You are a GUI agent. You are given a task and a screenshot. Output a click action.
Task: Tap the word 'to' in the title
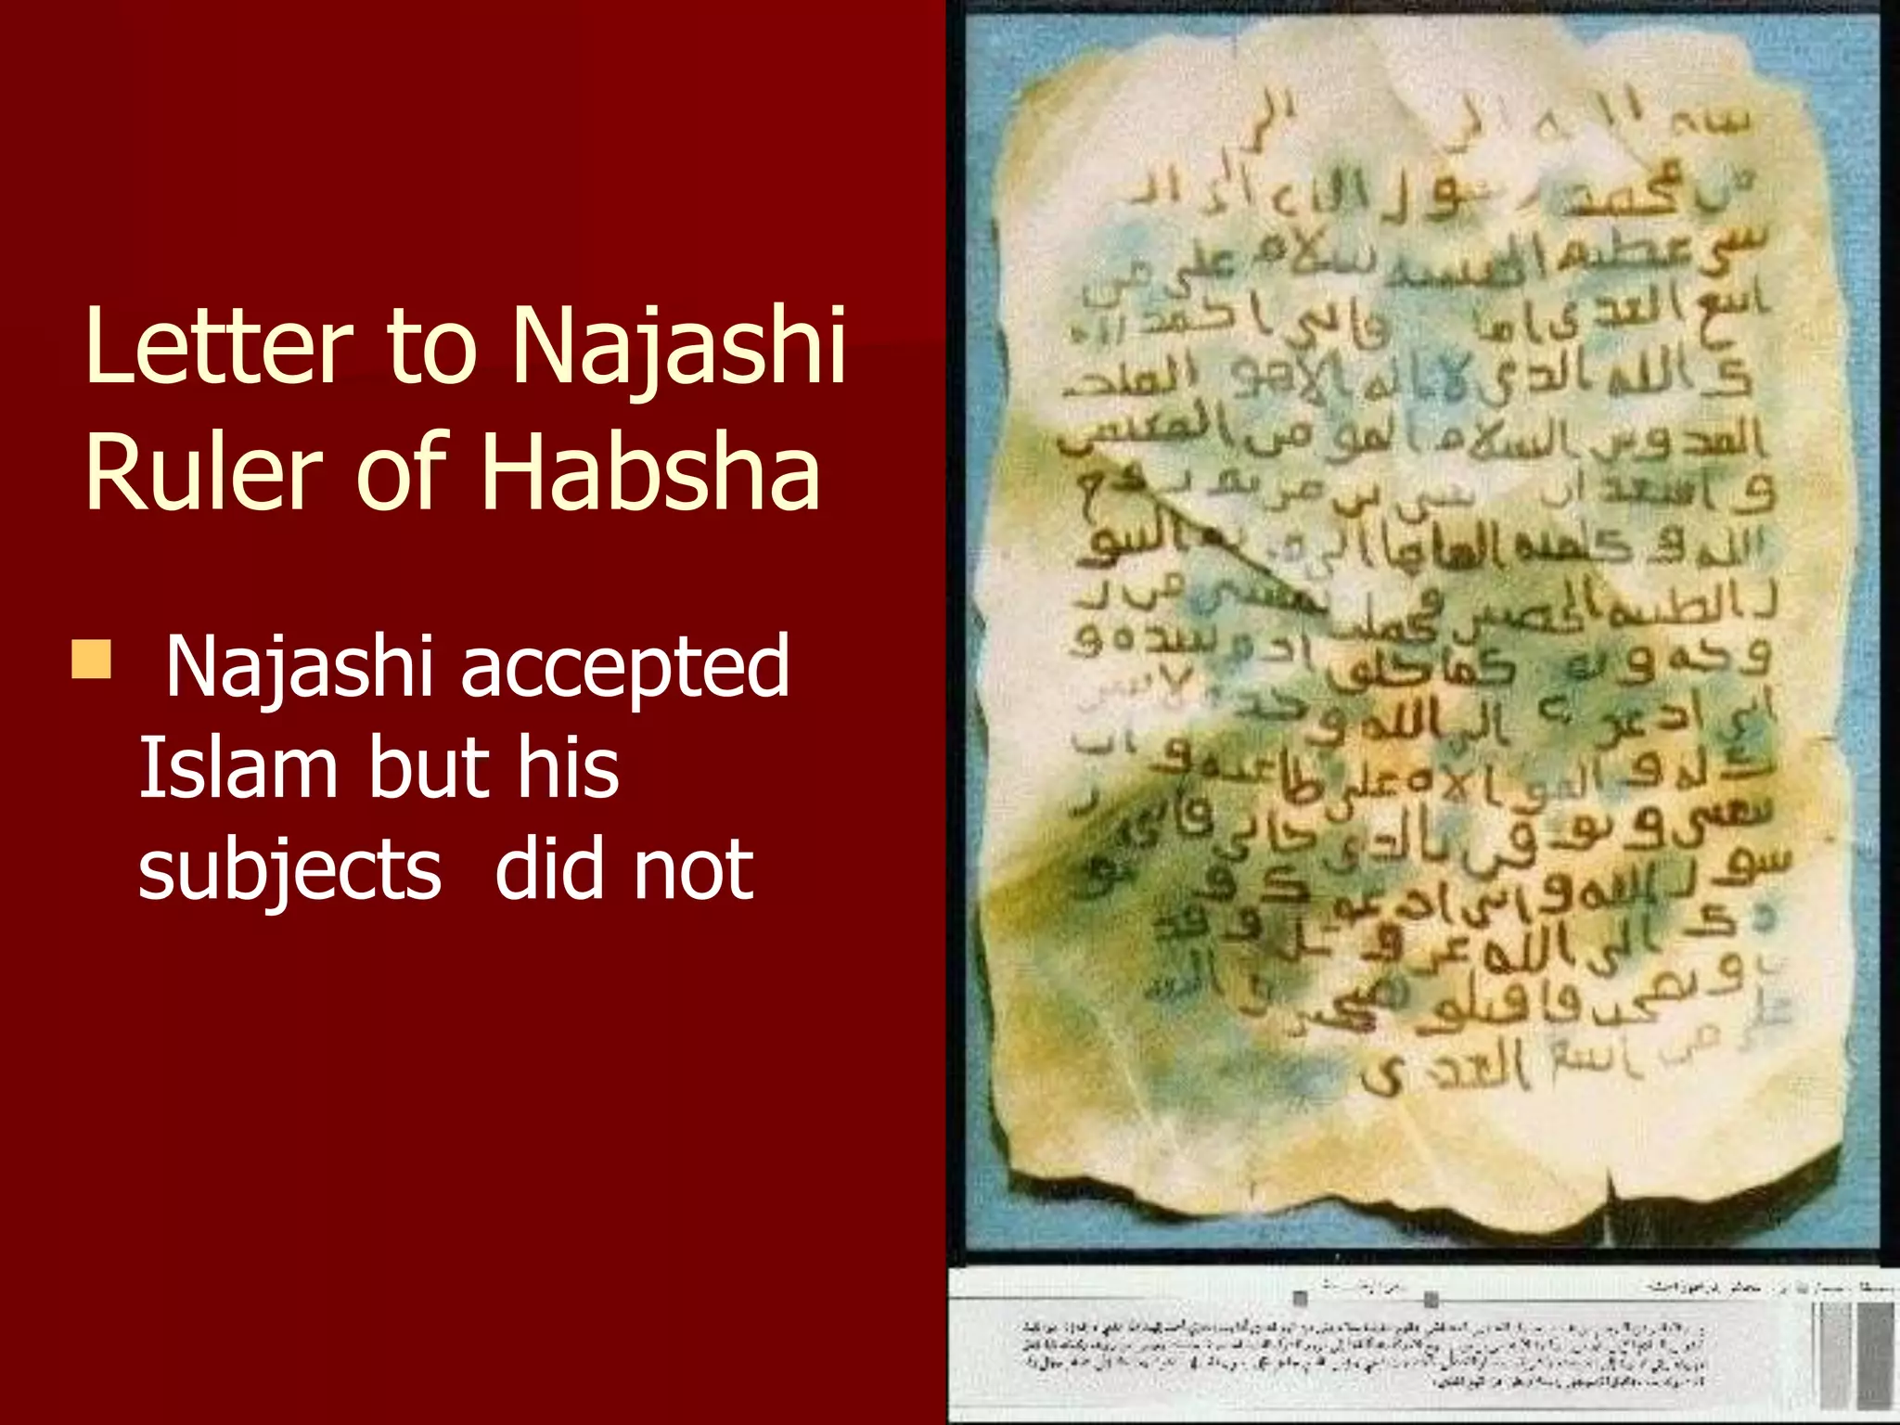[431, 347]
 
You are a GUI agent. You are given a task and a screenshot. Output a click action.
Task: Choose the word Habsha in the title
[650, 472]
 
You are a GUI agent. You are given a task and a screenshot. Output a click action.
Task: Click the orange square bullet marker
[91, 660]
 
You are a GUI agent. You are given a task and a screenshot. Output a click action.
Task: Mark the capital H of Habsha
[507, 472]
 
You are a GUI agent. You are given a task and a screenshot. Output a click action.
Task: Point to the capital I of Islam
[148, 768]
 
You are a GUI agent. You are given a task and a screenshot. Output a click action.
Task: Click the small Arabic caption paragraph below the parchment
[1364, 1354]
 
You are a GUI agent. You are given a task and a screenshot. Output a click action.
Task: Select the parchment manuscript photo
[1419, 631]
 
